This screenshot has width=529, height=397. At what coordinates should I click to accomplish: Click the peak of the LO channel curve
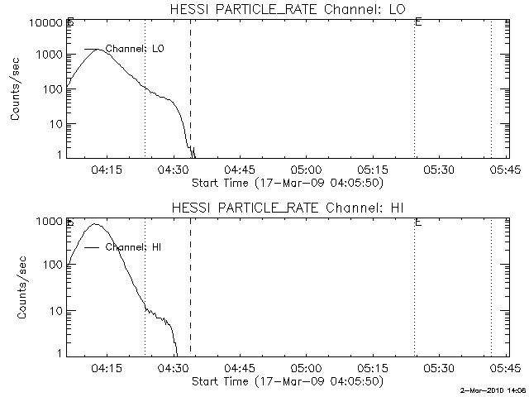98,49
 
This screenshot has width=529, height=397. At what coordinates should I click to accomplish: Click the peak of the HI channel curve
96,223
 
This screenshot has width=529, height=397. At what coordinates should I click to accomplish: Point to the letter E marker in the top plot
419,22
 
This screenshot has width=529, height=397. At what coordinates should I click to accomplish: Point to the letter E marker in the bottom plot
419,222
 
